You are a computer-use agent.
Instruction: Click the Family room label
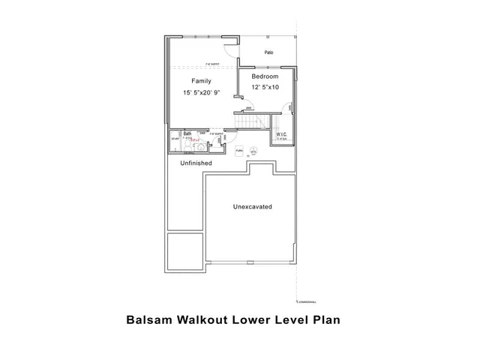click(201, 81)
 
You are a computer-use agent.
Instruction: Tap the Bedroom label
click(265, 76)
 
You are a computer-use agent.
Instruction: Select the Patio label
click(268, 52)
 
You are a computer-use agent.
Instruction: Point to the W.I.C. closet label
click(282, 134)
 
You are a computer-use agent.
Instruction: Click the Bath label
click(187, 133)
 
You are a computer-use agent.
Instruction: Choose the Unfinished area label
click(196, 163)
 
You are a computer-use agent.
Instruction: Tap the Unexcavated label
click(252, 206)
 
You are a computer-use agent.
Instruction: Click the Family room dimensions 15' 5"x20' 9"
click(201, 92)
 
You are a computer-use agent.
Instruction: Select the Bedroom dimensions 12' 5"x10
click(265, 87)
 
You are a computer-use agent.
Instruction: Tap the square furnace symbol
click(239, 151)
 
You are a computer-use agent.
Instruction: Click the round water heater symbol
click(253, 150)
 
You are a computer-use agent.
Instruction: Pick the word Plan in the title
click(325, 319)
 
